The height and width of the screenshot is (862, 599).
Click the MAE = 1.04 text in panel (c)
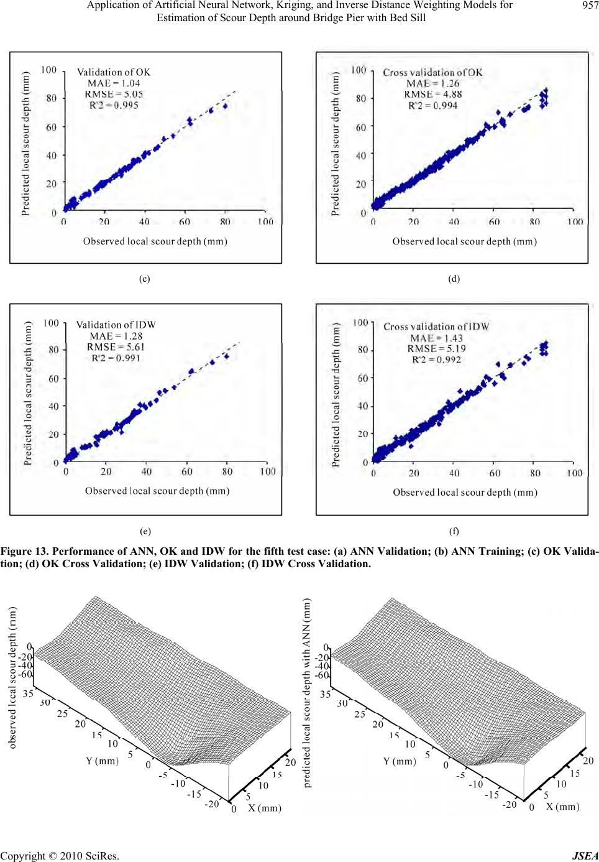point(114,83)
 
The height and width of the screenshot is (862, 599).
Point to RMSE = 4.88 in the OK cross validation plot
point(433,95)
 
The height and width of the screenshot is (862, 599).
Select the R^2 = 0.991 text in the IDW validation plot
point(116,358)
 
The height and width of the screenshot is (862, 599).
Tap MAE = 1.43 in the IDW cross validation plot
point(436,338)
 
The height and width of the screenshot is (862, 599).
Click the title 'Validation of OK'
point(114,72)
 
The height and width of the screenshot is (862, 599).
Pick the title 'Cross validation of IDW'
point(436,327)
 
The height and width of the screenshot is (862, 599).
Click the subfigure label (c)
point(144,279)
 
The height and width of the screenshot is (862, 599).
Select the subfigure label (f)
point(454,531)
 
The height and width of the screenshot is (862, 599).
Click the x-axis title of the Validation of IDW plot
point(157,491)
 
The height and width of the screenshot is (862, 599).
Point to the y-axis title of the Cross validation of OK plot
point(336,144)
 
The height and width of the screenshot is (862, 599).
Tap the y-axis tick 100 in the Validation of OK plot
point(49,70)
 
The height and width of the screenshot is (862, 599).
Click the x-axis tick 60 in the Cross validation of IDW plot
point(495,473)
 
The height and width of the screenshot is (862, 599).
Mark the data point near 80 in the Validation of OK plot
point(225,106)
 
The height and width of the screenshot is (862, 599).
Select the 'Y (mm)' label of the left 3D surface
point(102,761)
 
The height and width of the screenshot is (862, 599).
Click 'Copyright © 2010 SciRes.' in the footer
point(60,856)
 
